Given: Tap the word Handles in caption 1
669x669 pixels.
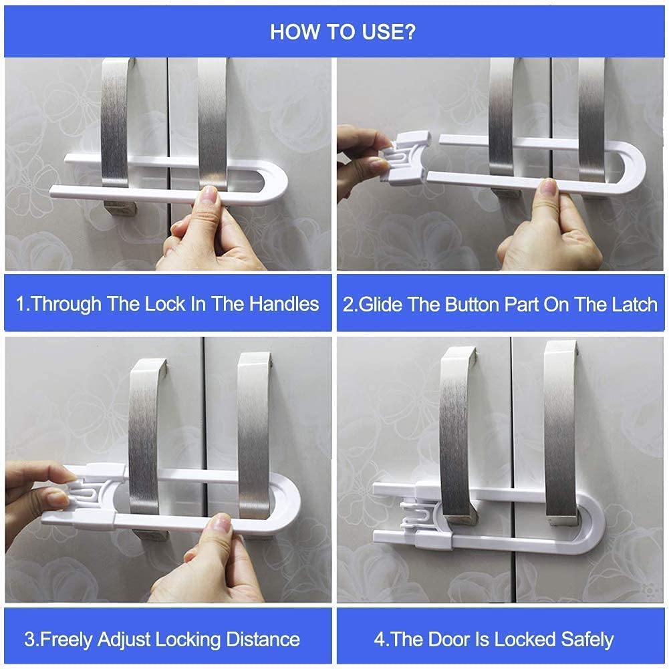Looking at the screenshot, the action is click(284, 304).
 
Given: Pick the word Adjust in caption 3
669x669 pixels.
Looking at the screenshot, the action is click(124, 640).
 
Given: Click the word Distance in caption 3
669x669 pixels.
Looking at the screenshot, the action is click(263, 639).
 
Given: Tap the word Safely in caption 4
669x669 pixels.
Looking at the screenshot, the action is click(587, 640).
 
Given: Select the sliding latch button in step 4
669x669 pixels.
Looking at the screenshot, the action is click(420, 518).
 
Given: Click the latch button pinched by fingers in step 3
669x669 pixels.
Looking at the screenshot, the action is click(91, 496).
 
